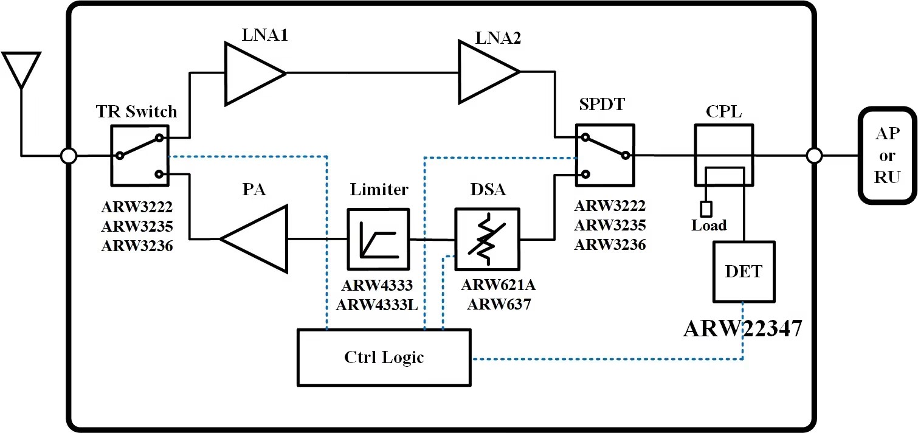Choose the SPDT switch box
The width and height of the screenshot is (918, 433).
[x=604, y=156]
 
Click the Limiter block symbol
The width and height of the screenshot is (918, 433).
[x=377, y=239]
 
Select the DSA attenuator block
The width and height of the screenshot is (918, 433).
[x=487, y=239]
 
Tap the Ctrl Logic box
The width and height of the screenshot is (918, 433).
[x=384, y=357]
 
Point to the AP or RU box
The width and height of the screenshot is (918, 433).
[x=886, y=156]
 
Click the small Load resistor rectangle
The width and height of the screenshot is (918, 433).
[x=706, y=209]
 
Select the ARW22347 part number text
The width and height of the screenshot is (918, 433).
[x=743, y=328]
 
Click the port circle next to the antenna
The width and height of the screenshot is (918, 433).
[x=69, y=156]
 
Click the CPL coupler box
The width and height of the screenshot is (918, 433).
[x=723, y=155]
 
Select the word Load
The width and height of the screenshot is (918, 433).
[x=709, y=226]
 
